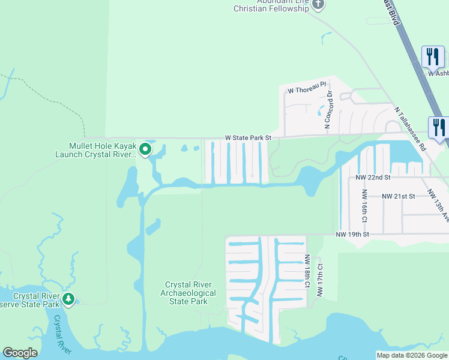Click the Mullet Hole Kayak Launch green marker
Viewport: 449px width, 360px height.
click(145, 149)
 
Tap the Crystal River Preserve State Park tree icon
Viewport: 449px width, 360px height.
click(68, 299)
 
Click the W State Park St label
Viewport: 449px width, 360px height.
click(249, 138)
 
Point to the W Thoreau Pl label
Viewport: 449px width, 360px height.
click(306, 91)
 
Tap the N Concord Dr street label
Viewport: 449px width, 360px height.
click(328, 110)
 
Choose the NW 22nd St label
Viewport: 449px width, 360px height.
click(373, 178)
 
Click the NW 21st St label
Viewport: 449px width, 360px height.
click(399, 196)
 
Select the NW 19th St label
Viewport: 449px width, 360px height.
click(352, 234)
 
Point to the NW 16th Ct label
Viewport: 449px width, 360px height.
click(364, 205)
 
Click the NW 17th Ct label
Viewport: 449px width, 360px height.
click(320, 280)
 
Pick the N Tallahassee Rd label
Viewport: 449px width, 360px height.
click(410, 129)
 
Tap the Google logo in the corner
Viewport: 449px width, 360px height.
click(20, 353)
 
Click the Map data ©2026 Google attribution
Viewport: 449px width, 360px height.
click(411, 355)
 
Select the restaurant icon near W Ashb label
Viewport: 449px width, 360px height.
click(432, 57)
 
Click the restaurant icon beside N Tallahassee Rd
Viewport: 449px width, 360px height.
click(439, 127)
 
